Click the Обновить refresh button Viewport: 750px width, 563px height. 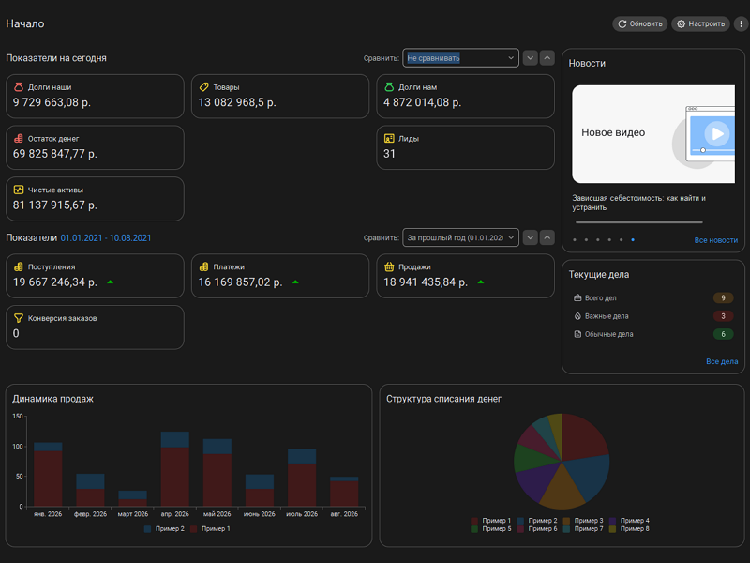640,24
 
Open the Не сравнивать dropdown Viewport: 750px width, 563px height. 460,58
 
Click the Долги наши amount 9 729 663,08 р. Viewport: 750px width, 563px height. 52,102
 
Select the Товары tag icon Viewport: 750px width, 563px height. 204,87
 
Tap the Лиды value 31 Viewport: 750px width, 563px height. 389,154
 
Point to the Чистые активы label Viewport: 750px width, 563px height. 55,190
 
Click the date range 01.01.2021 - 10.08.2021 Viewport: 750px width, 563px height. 106,238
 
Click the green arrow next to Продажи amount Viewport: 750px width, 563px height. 481,282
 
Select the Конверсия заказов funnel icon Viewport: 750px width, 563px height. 19,318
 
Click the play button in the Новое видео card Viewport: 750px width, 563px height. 717,133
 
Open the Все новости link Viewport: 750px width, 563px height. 716,240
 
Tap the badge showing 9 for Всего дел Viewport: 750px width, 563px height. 723,297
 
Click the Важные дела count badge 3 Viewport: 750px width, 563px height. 723,316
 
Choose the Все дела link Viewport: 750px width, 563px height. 722,361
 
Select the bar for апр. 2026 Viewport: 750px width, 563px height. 175,469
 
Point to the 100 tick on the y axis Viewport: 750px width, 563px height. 18,447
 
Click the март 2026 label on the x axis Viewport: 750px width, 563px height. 133,514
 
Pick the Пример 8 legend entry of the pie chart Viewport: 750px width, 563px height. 629,529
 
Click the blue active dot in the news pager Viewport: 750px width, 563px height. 633,240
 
